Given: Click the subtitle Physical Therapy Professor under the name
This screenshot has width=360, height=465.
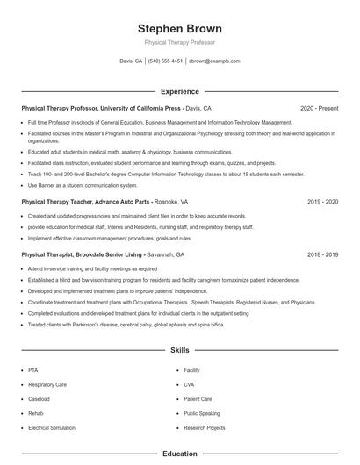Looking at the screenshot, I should pyautogui.click(x=180, y=42).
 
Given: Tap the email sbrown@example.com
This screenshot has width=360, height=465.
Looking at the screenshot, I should pyautogui.click(x=215, y=61).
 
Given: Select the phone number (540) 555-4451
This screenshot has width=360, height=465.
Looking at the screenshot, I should pyautogui.click(x=165, y=61).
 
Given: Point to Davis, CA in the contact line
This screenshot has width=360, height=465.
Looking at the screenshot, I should pyautogui.click(x=131, y=61).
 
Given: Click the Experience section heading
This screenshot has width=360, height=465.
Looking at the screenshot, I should pyautogui.click(x=180, y=91).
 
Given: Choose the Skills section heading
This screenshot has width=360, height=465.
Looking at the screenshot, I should pyautogui.click(x=180, y=350).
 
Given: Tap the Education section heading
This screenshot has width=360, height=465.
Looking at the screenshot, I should pyautogui.click(x=180, y=454).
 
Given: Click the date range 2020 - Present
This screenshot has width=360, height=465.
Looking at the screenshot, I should pyautogui.click(x=319, y=108).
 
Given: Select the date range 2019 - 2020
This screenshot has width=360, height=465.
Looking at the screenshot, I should pyautogui.click(x=323, y=202).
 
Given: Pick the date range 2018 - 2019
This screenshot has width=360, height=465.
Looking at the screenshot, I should pyautogui.click(x=323, y=254).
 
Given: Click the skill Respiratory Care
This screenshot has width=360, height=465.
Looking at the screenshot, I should pyautogui.click(x=47, y=384).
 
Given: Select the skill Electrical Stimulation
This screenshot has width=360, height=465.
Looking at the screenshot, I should pyautogui.click(x=52, y=427).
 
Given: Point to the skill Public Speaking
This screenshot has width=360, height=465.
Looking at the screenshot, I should pyautogui.click(x=202, y=413).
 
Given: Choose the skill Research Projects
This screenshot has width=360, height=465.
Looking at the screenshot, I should pyautogui.click(x=205, y=427).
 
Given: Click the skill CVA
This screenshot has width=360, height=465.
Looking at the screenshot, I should pyautogui.click(x=190, y=384).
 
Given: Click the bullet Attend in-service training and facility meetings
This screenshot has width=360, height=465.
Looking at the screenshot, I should pyautogui.click(x=92, y=268).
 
